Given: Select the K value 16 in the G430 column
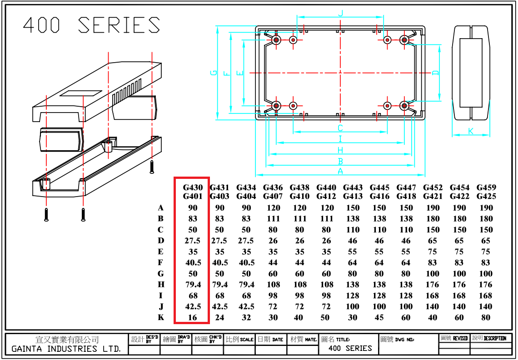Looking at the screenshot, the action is point(193,317).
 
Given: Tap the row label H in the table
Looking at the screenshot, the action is point(161,285).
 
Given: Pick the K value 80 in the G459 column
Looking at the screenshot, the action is point(486,317).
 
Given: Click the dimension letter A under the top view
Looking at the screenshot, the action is point(340,171).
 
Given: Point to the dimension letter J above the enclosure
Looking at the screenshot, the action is point(341,13).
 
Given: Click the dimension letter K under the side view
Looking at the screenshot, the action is point(471,131).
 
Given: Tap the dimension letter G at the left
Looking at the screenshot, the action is point(214,73).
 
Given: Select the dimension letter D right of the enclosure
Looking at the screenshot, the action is point(435,73).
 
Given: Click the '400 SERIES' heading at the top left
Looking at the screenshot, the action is point(91,25).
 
